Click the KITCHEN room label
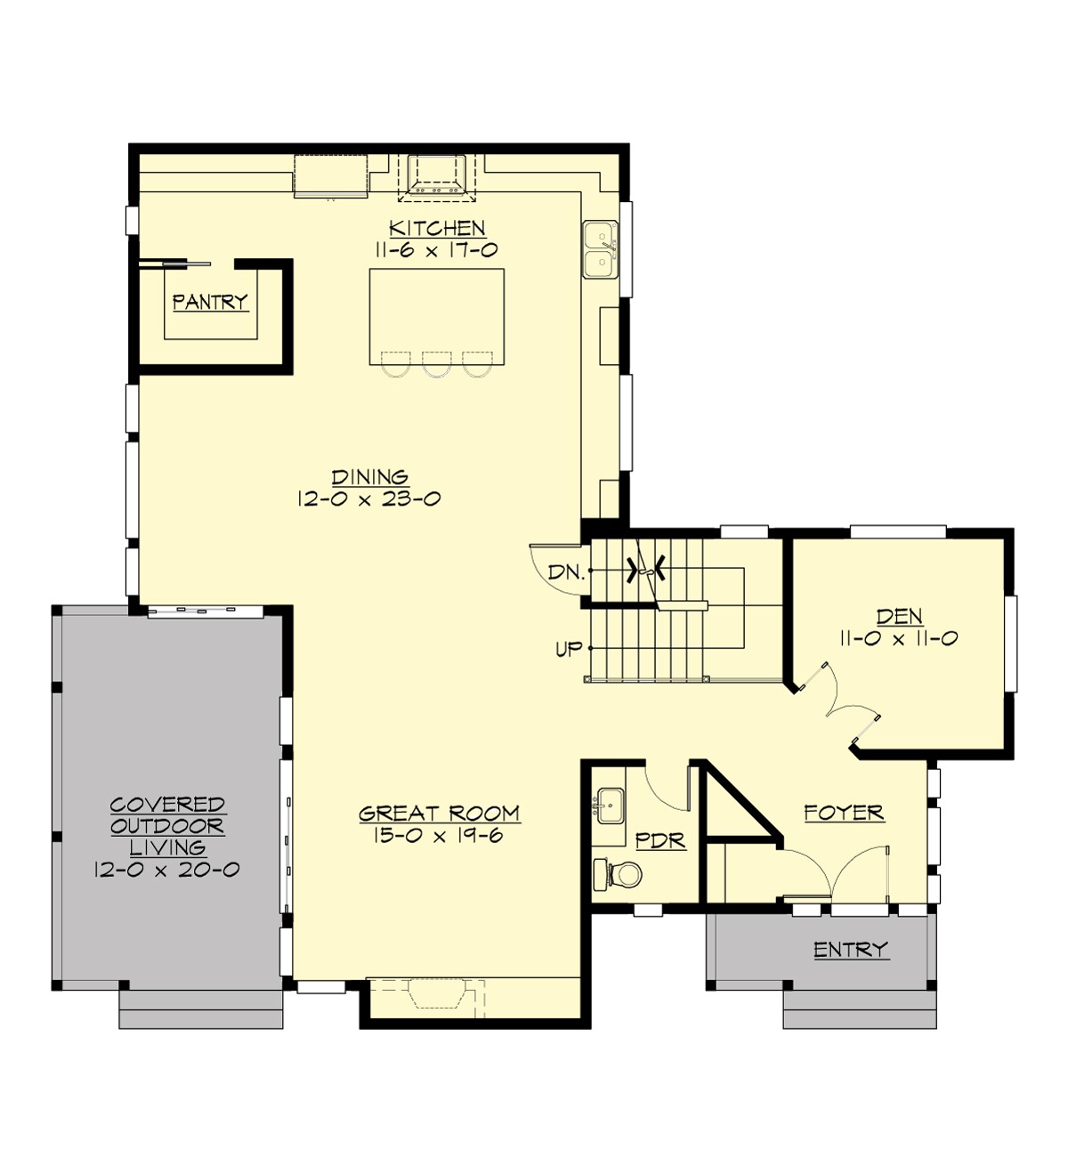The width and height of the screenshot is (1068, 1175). (x=437, y=228)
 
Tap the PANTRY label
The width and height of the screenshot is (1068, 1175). (x=209, y=302)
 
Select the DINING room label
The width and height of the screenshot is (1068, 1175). (x=369, y=477)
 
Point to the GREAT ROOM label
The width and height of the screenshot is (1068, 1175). (x=439, y=813)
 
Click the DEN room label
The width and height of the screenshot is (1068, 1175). (x=899, y=616)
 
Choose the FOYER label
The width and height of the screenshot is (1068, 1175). (x=843, y=812)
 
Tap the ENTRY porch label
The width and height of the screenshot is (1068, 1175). (x=850, y=950)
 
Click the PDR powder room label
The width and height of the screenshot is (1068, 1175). (x=660, y=840)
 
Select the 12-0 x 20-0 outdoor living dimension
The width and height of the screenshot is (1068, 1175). (x=166, y=870)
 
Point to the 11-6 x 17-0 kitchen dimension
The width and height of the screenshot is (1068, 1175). (x=436, y=250)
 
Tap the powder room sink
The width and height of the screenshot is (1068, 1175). (x=610, y=806)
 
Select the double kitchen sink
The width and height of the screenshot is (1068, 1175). (x=601, y=250)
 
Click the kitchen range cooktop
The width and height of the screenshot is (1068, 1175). (x=436, y=174)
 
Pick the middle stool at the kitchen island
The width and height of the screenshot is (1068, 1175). (x=436, y=364)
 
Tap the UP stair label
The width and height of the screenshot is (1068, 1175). (x=569, y=649)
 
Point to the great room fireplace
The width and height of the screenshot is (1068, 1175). (x=436, y=993)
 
